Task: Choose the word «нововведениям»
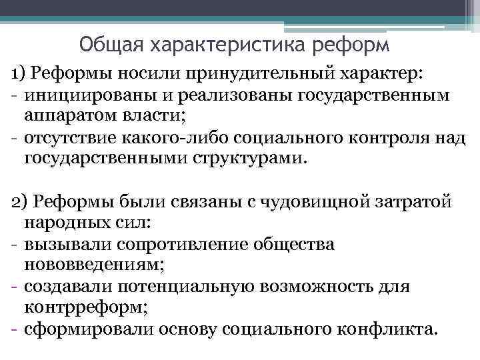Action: click(x=94, y=265)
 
